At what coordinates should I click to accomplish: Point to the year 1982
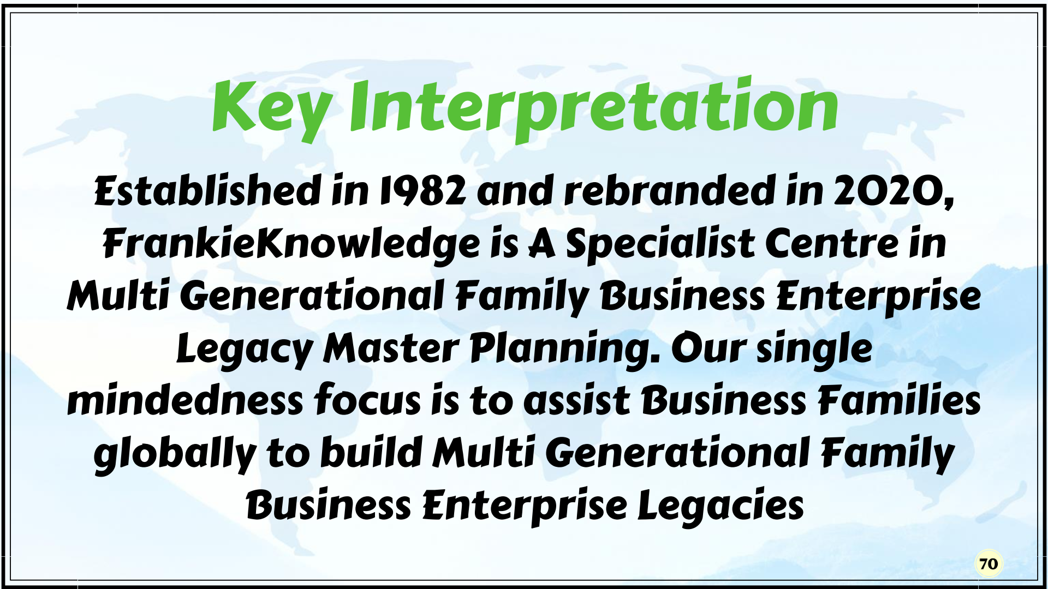(x=423, y=191)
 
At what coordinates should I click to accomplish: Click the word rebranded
(x=669, y=190)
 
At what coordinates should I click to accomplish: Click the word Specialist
(x=659, y=244)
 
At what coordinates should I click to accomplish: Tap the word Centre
(x=831, y=243)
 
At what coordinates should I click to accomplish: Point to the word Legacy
(x=245, y=350)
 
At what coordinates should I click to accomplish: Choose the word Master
(x=391, y=349)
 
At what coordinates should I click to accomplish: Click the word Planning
(x=565, y=350)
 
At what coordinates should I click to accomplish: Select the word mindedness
(x=185, y=400)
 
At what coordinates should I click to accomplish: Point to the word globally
(x=175, y=454)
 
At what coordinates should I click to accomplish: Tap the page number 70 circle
(x=989, y=564)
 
